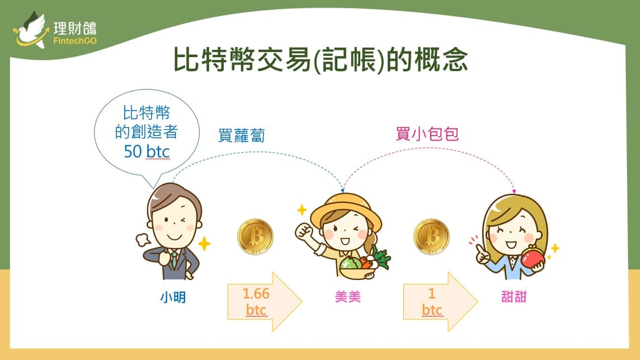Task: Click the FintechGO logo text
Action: coord(75,41)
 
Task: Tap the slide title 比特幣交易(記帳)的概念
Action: coord(321,60)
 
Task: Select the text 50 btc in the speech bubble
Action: coord(147,152)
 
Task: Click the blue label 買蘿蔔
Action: coord(242,135)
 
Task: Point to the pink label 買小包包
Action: coord(427,134)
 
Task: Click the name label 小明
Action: coord(173,297)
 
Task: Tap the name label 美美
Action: coord(348,297)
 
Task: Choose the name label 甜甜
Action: coord(514,297)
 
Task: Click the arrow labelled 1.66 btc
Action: coord(265,302)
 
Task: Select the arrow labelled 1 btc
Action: coord(440,302)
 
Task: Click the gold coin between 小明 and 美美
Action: coord(256,237)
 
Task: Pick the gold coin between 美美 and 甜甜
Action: coord(431,237)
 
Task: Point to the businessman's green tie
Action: coord(175,259)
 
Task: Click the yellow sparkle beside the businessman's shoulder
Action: coord(204,244)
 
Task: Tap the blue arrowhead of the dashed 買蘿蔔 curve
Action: coord(342,190)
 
